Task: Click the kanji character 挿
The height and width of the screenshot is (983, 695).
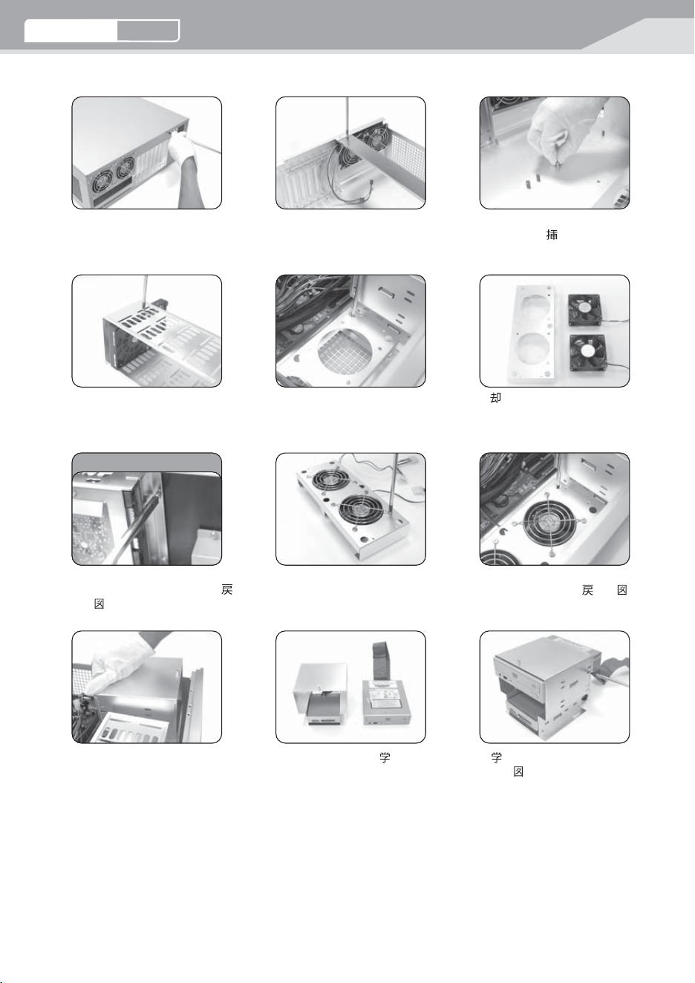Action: point(552,235)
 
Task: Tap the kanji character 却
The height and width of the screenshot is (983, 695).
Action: point(495,398)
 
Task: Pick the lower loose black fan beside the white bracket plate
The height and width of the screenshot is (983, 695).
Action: point(587,351)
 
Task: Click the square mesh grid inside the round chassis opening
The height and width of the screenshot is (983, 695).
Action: point(345,348)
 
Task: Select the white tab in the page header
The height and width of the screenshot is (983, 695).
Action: point(71,30)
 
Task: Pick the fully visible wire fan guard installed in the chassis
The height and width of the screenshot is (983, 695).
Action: point(549,522)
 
